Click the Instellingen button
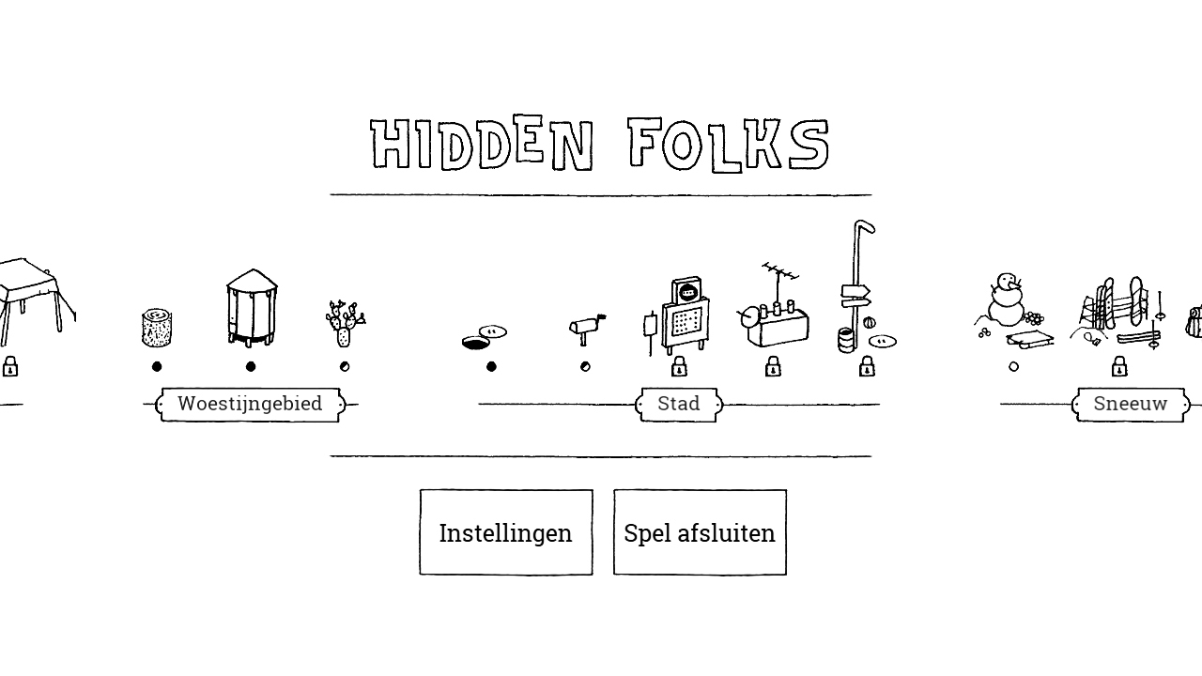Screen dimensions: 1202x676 point(506,532)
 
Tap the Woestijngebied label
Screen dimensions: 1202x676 point(250,404)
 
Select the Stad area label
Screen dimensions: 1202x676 point(679,404)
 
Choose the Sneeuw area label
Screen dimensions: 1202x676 point(1130,404)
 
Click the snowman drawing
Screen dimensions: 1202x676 point(1007,300)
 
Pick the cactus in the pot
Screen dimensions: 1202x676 point(345,324)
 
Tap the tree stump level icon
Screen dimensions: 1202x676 point(157,328)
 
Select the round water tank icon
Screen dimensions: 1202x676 point(251,308)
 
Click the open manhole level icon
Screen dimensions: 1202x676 point(484,337)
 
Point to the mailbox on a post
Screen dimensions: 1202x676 point(586,329)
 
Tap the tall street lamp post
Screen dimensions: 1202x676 point(856,284)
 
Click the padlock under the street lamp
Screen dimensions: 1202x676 point(867,366)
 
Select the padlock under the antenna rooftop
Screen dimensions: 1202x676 point(773,366)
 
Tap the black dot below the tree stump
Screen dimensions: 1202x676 point(157,366)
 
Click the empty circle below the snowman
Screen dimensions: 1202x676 point(1013,367)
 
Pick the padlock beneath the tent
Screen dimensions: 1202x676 point(10,366)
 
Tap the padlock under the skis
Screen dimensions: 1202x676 point(1119,366)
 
